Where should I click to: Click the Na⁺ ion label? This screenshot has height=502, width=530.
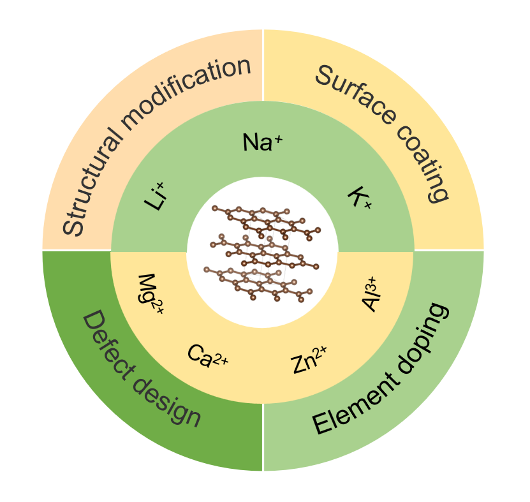(x=262, y=142)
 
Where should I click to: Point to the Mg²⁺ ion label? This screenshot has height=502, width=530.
(x=151, y=295)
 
